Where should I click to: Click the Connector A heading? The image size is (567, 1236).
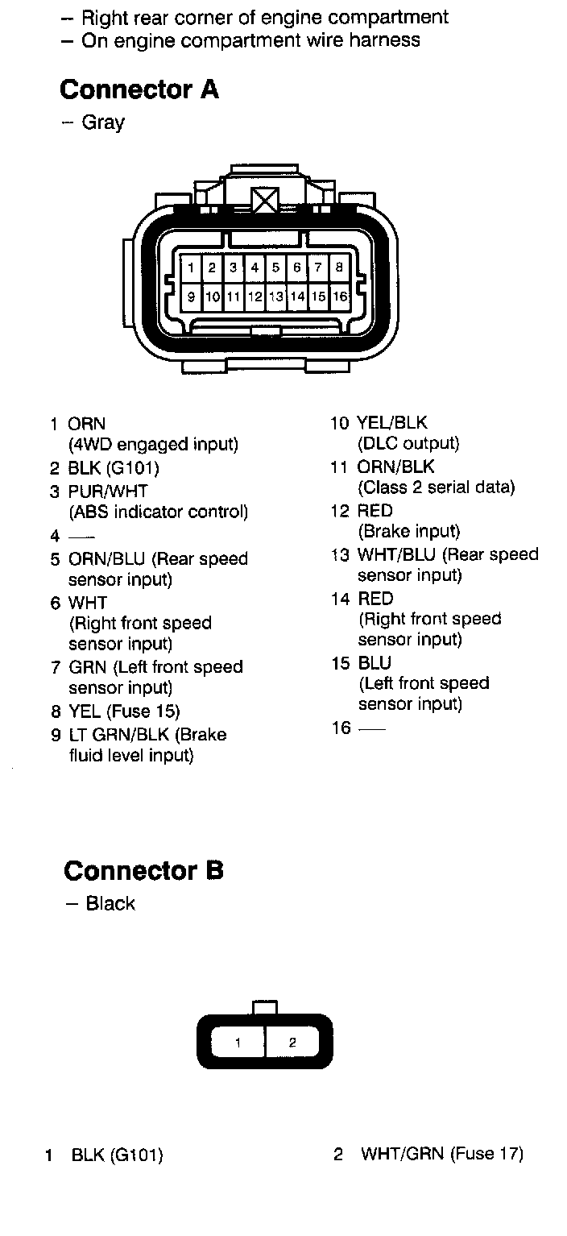(139, 89)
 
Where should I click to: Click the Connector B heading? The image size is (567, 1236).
(143, 871)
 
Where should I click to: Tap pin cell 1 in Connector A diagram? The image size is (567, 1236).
(191, 268)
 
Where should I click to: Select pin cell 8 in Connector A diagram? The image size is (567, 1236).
(339, 268)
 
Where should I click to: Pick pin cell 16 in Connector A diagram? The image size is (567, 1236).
(339, 297)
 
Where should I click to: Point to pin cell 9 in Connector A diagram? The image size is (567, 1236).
(191, 297)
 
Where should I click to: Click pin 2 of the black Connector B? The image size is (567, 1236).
(292, 1043)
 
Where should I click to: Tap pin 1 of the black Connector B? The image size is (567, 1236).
(238, 1043)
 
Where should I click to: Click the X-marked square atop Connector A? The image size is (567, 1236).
(265, 199)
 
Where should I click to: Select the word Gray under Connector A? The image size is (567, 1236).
(103, 123)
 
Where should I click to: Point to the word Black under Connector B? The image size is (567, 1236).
(110, 904)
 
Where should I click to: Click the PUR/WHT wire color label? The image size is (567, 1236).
(108, 491)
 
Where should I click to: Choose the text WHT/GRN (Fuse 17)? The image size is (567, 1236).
(442, 1154)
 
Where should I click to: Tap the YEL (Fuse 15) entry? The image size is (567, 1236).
(124, 711)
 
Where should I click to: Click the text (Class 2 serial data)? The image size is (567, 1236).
(436, 487)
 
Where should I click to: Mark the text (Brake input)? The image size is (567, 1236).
(409, 532)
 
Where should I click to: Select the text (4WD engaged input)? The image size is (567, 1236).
(153, 444)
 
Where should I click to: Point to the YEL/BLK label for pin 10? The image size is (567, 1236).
(392, 423)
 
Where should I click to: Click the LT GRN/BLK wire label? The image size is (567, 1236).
(119, 735)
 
